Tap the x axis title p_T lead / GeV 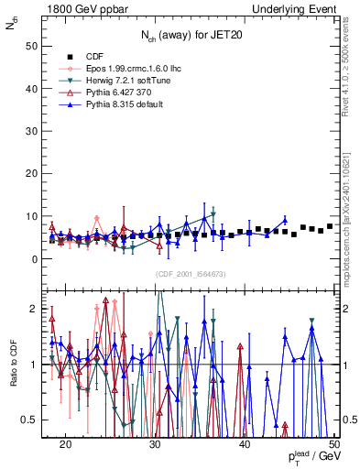(x=308, y=457)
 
